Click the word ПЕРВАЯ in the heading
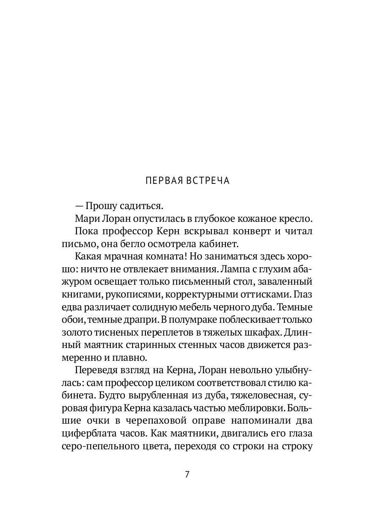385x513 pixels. [x=163, y=181]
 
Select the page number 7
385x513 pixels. [x=187, y=475]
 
